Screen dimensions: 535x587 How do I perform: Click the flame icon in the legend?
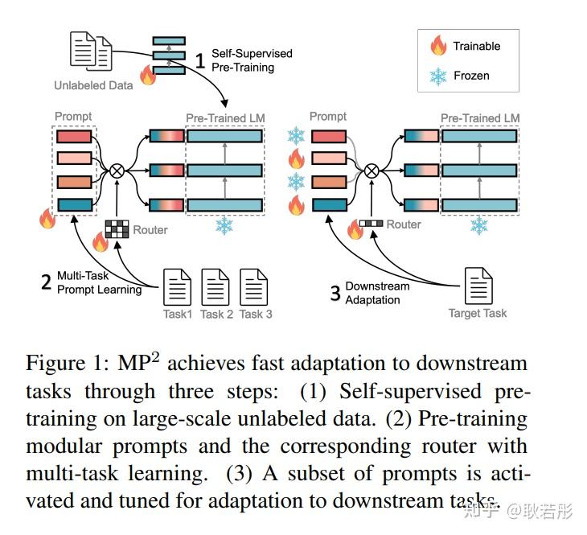coord(438,47)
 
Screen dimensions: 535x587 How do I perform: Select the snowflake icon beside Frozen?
coord(438,76)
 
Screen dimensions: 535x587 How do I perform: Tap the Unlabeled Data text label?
coord(93,84)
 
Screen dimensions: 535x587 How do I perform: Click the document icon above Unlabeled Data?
coord(91,51)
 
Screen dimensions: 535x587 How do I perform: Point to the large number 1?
coord(201,60)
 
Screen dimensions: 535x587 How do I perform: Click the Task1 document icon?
coord(178,286)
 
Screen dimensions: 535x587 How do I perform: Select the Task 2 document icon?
coord(216,286)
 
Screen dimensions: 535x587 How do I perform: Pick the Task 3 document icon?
coord(254,286)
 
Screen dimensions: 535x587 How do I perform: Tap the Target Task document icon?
coord(478,286)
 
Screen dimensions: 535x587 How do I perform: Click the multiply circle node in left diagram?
coord(117,170)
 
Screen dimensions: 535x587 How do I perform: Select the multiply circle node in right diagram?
coord(371,170)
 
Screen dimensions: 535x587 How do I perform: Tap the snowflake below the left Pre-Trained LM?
coord(224,227)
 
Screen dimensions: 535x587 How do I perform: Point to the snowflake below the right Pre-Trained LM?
coord(478,225)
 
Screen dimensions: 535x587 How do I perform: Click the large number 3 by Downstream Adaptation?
coord(335,293)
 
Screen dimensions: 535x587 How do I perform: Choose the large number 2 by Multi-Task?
coord(47,282)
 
